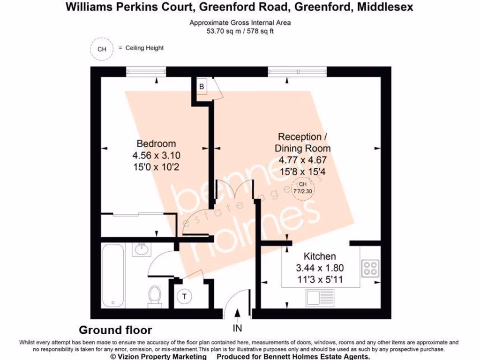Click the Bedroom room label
click(156, 143)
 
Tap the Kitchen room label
click(320, 256)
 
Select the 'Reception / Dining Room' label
click(302, 142)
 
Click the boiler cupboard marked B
click(202, 87)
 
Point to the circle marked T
click(185, 296)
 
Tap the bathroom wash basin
click(141, 249)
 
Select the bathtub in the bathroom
click(112, 277)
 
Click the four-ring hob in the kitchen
click(370, 269)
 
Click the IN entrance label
click(238, 328)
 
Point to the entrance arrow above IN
click(238, 313)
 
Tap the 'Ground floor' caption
click(115, 330)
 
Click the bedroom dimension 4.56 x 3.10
click(156, 155)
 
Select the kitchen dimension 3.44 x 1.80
click(320, 269)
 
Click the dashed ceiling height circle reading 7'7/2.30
click(302, 188)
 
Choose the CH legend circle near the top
click(102, 49)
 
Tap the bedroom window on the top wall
click(146, 71)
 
